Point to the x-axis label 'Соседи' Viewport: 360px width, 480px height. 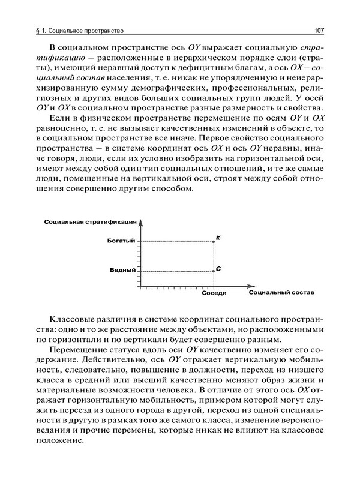[214, 294]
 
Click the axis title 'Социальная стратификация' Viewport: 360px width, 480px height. [87, 222]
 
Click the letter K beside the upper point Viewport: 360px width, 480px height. [218, 238]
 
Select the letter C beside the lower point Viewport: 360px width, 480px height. [218, 268]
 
